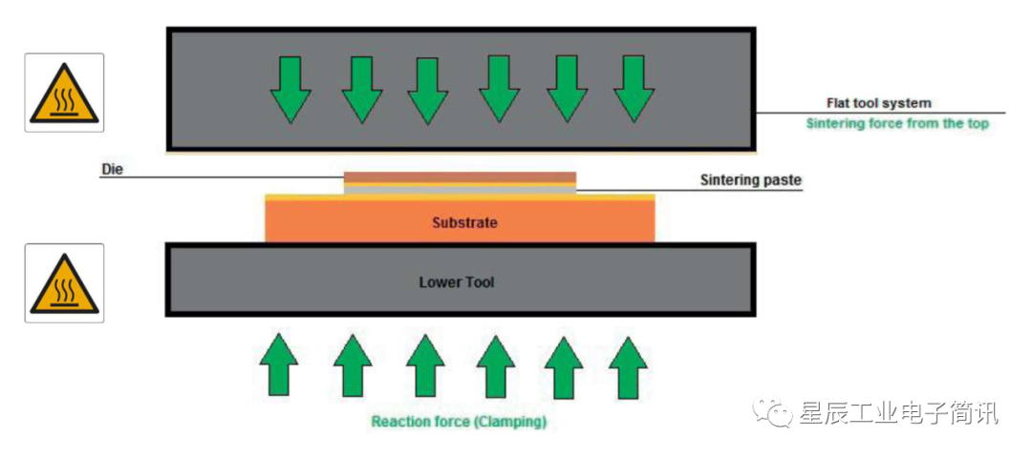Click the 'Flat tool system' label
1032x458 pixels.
(x=878, y=103)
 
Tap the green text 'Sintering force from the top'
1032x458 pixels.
(x=897, y=123)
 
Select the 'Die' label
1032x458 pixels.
(x=113, y=170)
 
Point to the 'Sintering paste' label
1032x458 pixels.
(x=750, y=179)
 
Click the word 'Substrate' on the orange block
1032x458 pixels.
(x=465, y=222)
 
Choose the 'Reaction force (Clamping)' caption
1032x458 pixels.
(x=459, y=421)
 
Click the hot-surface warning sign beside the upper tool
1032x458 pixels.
(x=64, y=93)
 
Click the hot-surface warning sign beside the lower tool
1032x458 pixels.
(x=64, y=282)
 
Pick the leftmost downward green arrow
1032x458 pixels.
(x=290, y=88)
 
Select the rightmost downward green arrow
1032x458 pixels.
(x=634, y=88)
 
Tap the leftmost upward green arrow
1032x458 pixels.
(x=279, y=364)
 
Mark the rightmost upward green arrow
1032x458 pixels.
(x=628, y=364)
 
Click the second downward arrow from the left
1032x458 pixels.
(x=362, y=88)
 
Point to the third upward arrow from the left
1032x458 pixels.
(x=425, y=364)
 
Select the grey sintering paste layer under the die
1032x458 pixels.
(x=460, y=189)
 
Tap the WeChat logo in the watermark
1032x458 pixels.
(x=772, y=412)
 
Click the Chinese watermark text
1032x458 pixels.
(x=898, y=413)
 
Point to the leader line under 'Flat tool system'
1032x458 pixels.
(x=879, y=113)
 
